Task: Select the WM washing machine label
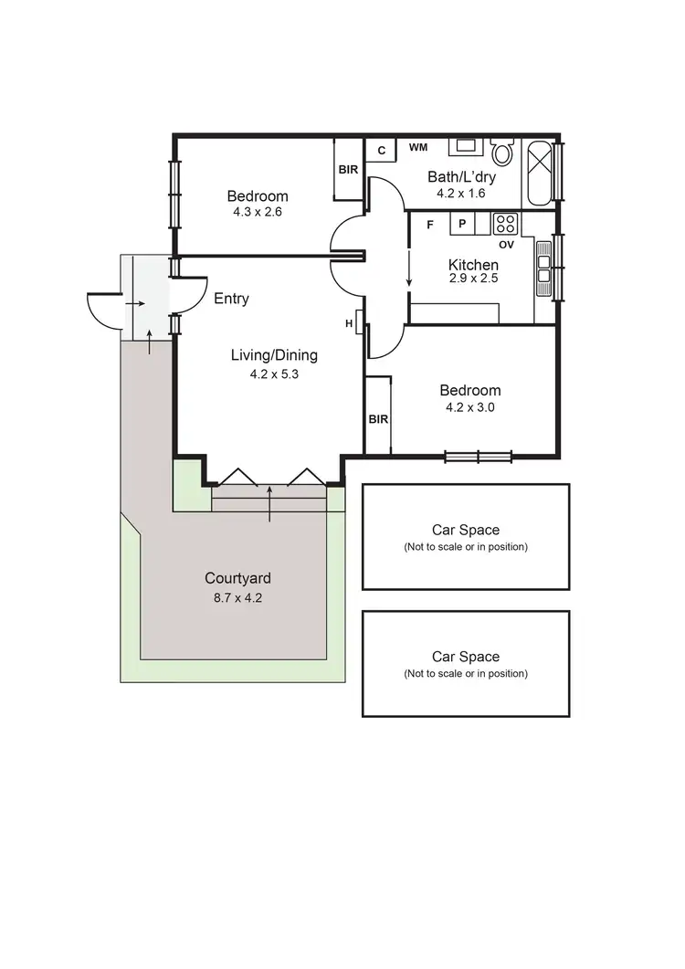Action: [x=418, y=147]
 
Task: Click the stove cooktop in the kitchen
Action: [x=505, y=223]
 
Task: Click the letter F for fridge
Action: [x=429, y=224]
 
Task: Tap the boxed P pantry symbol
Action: [x=462, y=224]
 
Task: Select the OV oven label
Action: [x=506, y=244]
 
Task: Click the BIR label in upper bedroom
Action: [x=348, y=170]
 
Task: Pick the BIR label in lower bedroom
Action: [x=378, y=419]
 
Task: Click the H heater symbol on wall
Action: [x=350, y=323]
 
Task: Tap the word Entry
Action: [x=231, y=299]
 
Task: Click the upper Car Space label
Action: [x=466, y=530]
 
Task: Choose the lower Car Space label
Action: [x=466, y=657]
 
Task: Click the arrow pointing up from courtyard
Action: [x=269, y=503]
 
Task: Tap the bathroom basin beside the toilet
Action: [x=466, y=146]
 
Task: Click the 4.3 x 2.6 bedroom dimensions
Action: [x=258, y=213]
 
